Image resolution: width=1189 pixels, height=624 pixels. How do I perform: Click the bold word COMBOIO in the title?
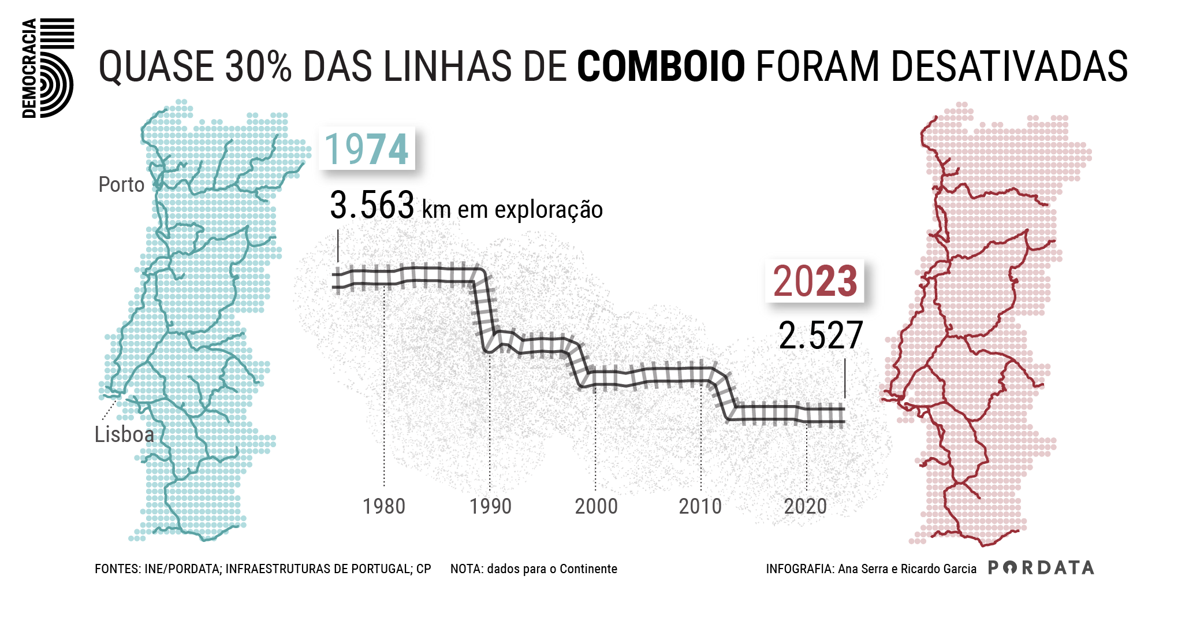pyautogui.click(x=661, y=66)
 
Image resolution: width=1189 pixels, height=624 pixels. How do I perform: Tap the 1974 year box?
pyautogui.click(x=367, y=149)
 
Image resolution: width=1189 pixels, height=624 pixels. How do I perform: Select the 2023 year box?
pyautogui.click(x=814, y=281)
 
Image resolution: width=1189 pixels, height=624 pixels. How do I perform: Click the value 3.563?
pyautogui.click(x=372, y=206)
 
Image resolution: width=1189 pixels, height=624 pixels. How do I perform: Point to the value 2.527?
pyautogui.click(x=821, y=336)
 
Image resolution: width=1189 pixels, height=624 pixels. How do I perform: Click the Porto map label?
pyautogui.click(x=121, y=185)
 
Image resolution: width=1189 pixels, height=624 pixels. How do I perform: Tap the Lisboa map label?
pyautogui.click(x=125, y=434)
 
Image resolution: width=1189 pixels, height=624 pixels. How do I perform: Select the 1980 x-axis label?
pyautogui.click(x=384, y=507)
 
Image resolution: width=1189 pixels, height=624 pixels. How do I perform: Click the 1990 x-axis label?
pyautogui.click(x=490, y=507)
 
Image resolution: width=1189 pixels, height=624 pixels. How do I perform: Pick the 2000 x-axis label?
pyautogui.click(x=596, y=507)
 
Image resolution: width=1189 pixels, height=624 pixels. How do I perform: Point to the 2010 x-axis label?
pyautogui.click(x=700, y=507)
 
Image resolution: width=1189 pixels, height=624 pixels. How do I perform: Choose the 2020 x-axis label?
pyautogui.click(x=806, y=507)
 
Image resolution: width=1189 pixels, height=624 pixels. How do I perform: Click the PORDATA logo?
pyautogui.click(x=1041, y=568)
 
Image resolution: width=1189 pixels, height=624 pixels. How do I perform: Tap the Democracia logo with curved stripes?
pyautogui.click(x=49, y=68)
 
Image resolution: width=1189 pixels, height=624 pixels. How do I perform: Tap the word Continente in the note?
pyautogui.click(x=588, y=569)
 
